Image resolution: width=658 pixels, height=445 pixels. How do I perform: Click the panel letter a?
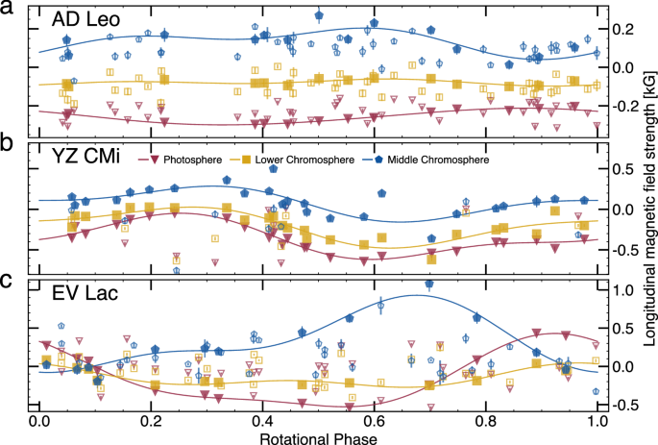click(7, 9)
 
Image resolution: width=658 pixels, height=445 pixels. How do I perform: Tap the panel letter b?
click(7, 146)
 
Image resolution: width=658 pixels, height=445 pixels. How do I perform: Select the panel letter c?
click(7, 283)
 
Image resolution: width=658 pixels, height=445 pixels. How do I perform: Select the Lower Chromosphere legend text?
click(301, 160)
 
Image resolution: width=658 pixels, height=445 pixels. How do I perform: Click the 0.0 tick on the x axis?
click(39, 421)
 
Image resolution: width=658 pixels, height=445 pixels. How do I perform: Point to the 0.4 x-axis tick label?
click(262, 421)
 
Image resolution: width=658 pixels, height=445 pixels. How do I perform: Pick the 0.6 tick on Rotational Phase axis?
click(375, 421)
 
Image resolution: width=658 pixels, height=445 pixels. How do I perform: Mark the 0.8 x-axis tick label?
click(486, 421)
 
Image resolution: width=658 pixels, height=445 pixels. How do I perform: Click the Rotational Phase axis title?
click(319, 436)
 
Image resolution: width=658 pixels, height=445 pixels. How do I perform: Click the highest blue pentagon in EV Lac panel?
click(429, 284)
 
